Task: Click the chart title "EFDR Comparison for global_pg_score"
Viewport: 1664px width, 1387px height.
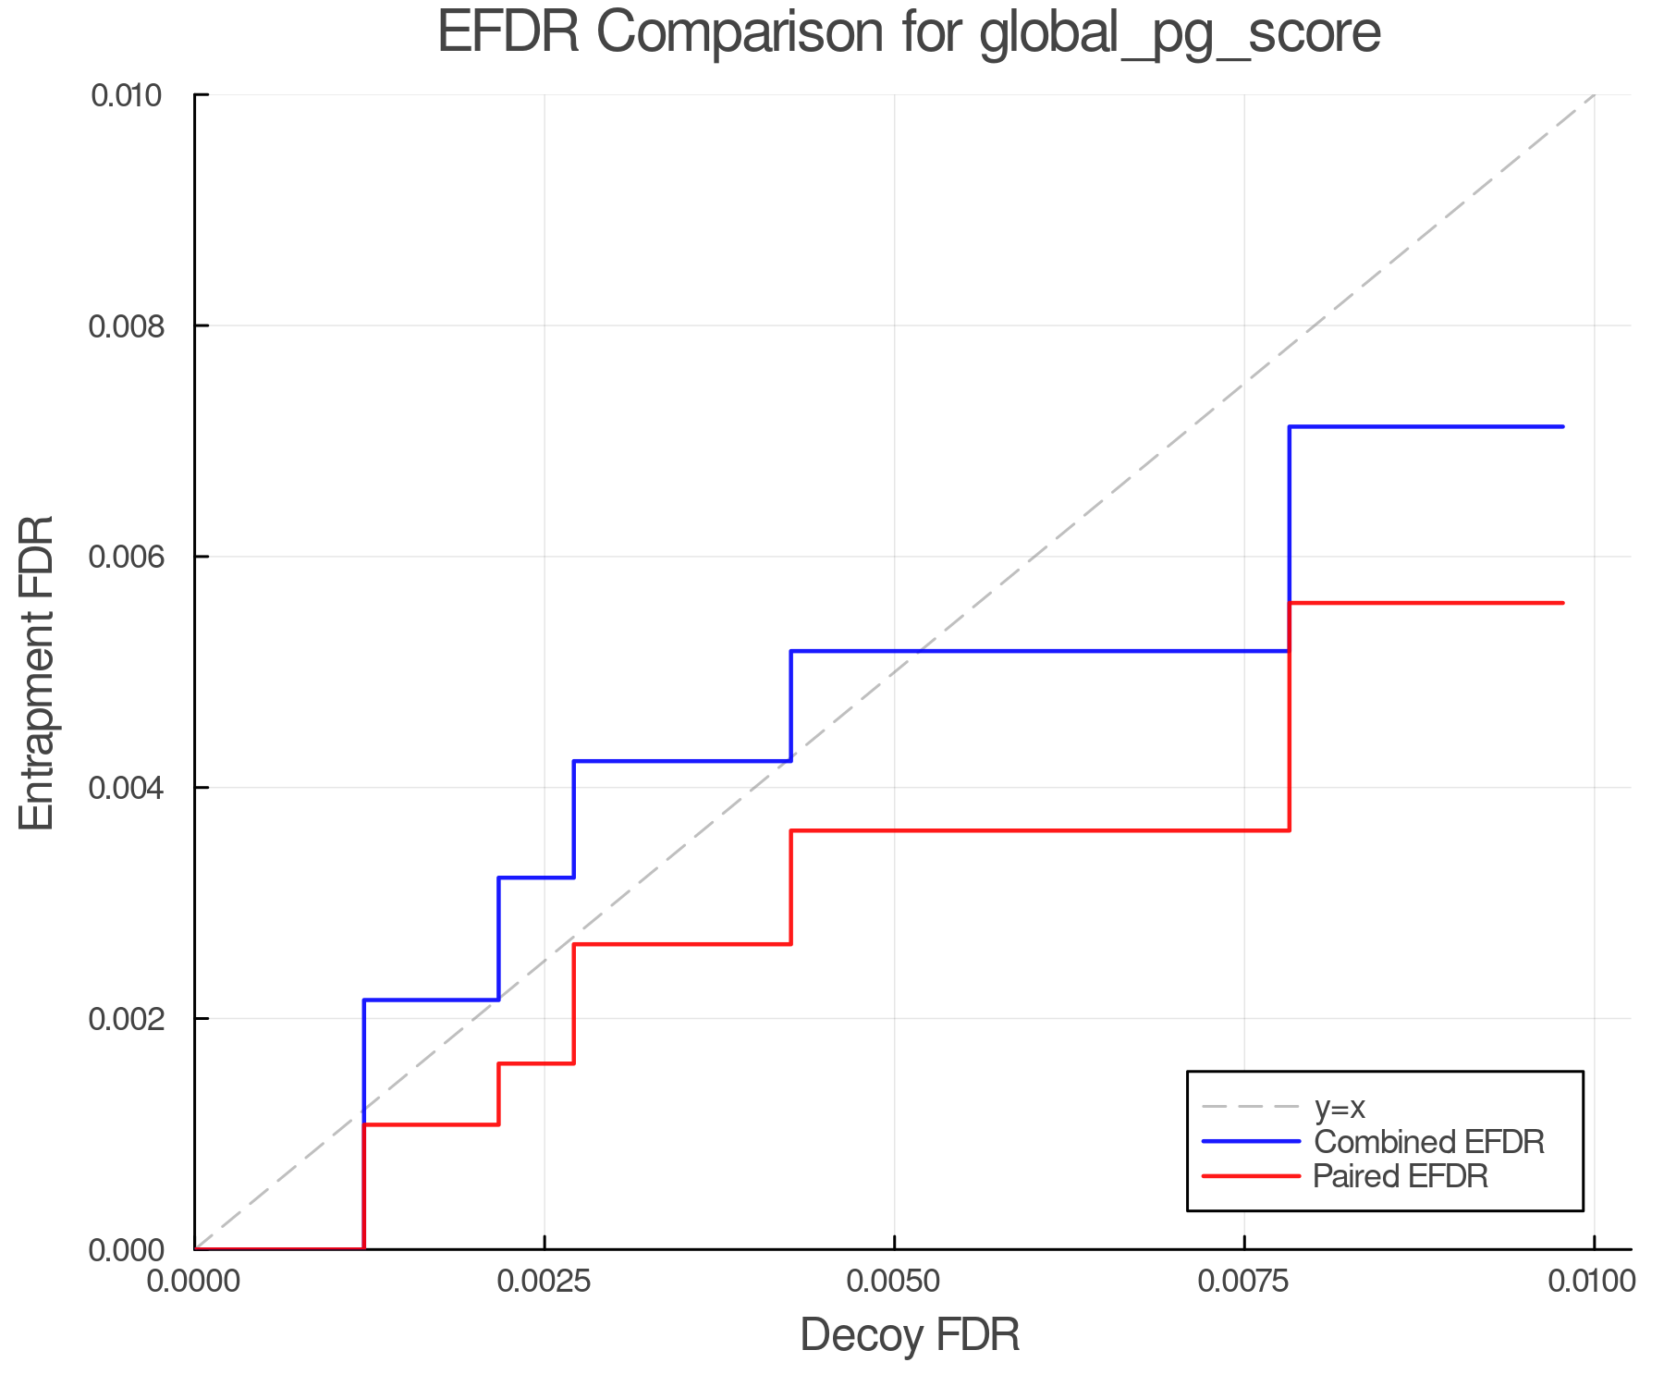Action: click(x=909, y=33)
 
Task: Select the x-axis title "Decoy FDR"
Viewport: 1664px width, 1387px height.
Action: click(x=910, y=1335)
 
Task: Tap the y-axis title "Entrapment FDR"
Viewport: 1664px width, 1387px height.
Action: click(x=37, y=672)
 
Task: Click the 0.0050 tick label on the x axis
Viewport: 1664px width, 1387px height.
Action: click(x=893, y=1282)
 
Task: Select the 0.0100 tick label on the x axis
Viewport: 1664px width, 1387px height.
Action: click(x=1592, y=1282)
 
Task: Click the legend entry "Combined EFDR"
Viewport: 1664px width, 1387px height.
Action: click(x=1429, y=1142)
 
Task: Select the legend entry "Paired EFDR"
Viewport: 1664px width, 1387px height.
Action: click(x=1401, y=1176)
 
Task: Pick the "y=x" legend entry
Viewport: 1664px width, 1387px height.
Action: click(x=1340, y=1108)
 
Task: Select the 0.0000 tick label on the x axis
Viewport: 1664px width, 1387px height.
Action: click(x=194, y=1282)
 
